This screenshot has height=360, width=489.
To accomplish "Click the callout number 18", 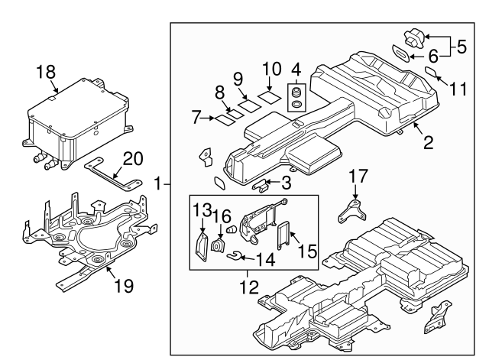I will coord(47,73).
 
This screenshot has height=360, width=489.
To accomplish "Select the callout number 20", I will coord(132,158).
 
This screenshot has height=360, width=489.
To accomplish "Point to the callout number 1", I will coord(158,183).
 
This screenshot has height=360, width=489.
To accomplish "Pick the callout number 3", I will coord(284,183).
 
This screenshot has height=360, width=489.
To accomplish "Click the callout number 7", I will coord(196,118).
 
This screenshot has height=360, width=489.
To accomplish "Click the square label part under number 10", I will coord(267,98).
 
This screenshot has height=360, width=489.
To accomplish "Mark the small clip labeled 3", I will coord(261,185).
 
